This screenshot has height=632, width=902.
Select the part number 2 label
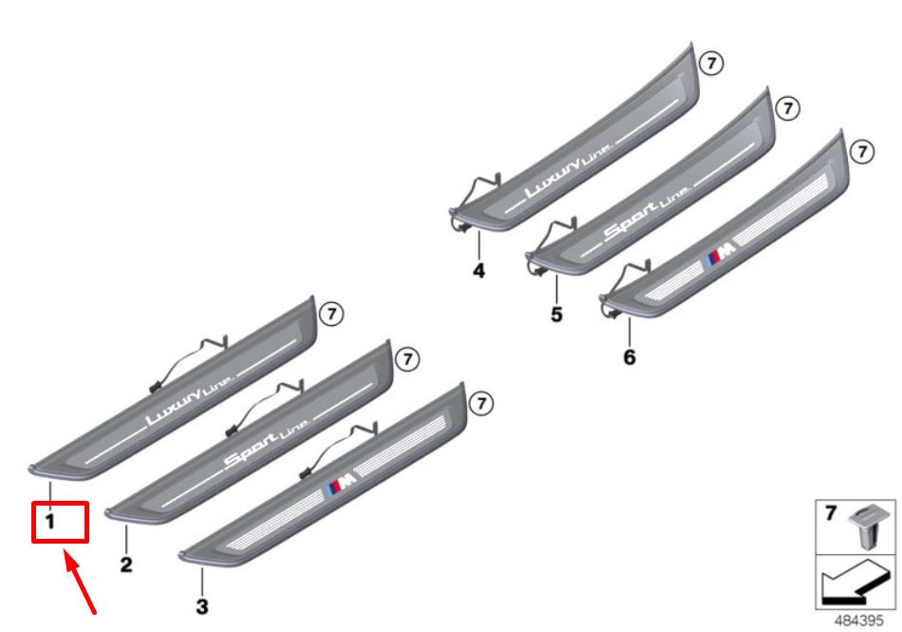click(x=126, y=565)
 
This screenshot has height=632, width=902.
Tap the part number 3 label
click(x=201, y=605)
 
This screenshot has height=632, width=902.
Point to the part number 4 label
click(x=479, y=271)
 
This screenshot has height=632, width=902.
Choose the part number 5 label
click(x=556, y=314)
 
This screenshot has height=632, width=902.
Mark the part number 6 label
click(x=630, y=357)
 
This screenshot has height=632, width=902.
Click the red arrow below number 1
click(x=80, y=580)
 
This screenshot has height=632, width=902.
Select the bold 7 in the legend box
click(x=831, y=514)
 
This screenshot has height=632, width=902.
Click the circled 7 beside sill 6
click(x=861, y=151)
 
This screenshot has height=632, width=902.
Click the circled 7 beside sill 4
click(x=711, y=64)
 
